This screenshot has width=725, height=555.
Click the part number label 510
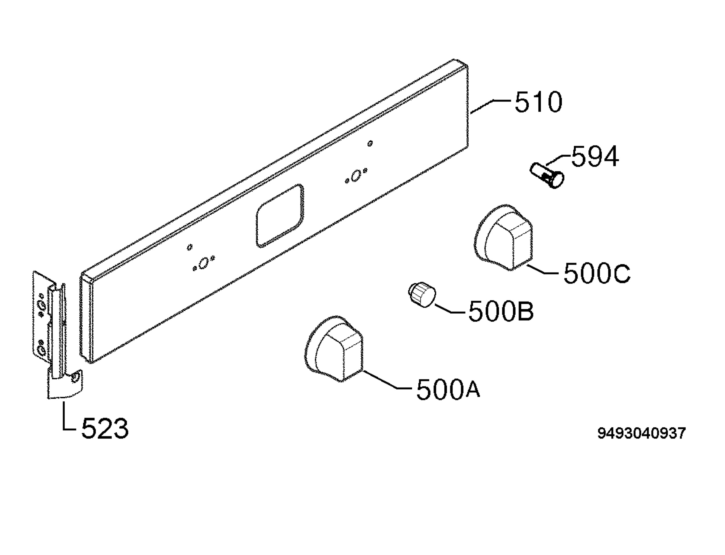[x=538, y=102]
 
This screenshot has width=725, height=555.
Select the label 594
[x=595, y=157]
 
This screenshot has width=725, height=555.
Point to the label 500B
[x=501, y=311]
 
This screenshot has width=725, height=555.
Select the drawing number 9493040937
[x=642, y=433]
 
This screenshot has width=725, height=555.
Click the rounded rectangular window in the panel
[x=280, y=216]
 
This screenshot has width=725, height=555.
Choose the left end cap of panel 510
[x=87, y=317]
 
